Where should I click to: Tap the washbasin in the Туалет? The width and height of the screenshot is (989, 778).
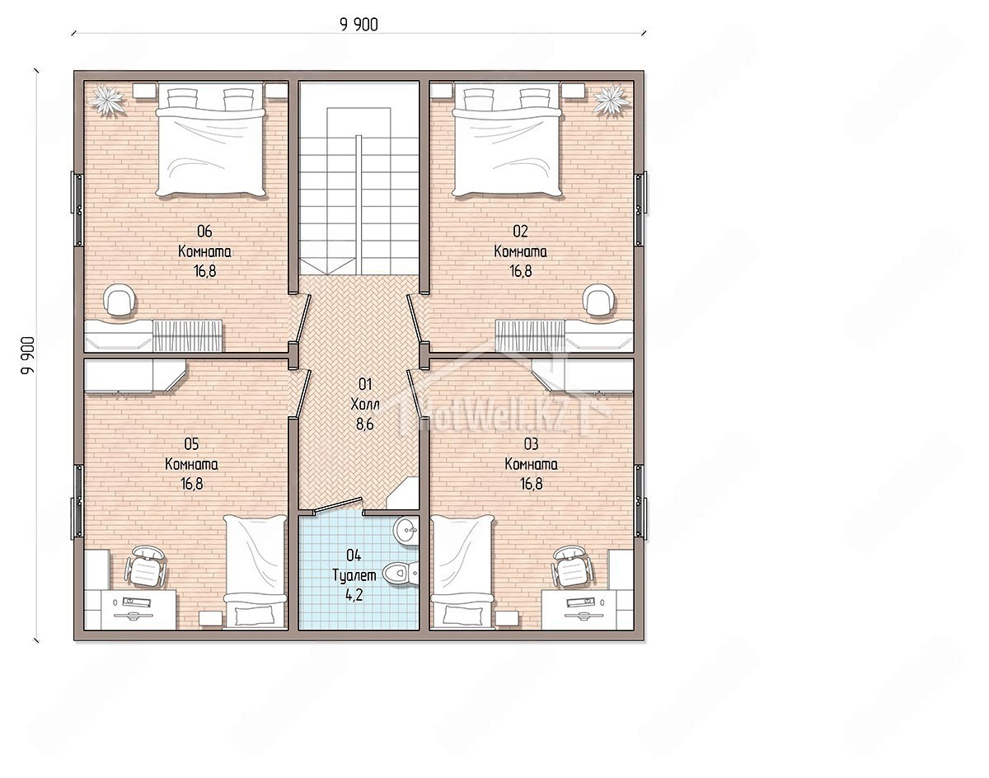coord(406,531)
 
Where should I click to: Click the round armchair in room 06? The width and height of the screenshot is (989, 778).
coord(119,300)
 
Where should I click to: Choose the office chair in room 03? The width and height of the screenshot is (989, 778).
coord(572,566)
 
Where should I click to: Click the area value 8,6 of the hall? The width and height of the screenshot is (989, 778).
coord(365,424)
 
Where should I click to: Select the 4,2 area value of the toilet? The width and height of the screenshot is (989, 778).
coord(354,595)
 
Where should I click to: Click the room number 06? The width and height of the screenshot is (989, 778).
coord(204,231)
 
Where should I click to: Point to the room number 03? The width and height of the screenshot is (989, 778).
coord(531,444)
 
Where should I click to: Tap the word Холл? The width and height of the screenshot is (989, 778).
coord(365,405)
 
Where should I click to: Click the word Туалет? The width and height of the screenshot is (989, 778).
coord(354,575)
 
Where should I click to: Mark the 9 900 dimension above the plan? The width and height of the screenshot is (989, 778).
coord(359,25)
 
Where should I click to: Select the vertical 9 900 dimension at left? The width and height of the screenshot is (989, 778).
coord(28,355)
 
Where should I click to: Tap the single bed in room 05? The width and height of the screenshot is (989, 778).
coord(255,571)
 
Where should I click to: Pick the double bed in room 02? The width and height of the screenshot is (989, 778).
coord(508,140)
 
